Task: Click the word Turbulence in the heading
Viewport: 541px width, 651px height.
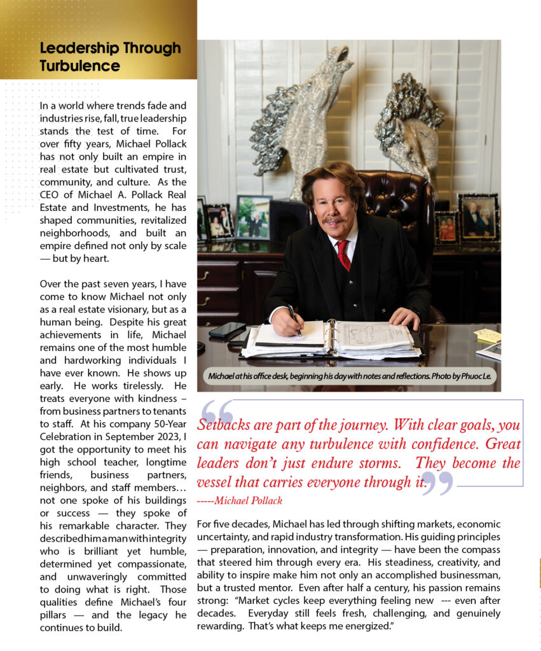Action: (x=79, y=66)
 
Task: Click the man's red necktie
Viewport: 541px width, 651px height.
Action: (x=344, y=254)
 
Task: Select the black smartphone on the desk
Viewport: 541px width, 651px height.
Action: (x=226, y=330)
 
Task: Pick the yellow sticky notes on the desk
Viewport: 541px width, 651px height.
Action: (x=488, y=335)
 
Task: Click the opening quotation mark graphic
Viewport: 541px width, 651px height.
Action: (x=216, y=412)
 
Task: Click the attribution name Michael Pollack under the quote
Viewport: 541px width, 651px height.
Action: (x=249, y=500)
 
